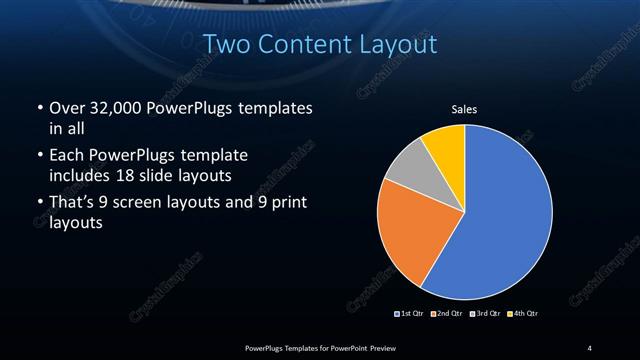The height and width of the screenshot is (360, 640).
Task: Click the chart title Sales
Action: click(x=465, y=109)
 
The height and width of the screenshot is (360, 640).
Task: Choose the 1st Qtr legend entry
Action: click(x=411, y=314)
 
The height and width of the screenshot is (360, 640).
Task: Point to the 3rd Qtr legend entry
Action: click(x=485, y=314)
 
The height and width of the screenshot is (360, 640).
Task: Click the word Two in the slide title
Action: click(x=223, y=44)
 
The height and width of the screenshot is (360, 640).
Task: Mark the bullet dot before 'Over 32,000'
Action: click(x=38, y=108)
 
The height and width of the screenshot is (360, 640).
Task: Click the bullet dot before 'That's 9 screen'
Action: click(x=38, y=205)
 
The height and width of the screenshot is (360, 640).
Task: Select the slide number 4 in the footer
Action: click(x=590, y=347)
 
